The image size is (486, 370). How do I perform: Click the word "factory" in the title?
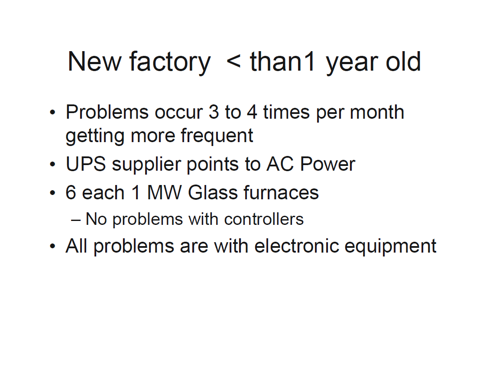pyautogui.click(x=169, y=62)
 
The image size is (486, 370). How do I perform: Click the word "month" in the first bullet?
pyautogui.click(x=377, y=113)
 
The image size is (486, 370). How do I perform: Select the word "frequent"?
pyautogui.click(x=217, y=136)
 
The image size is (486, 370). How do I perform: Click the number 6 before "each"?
pyautogui.click(x=71, y=193)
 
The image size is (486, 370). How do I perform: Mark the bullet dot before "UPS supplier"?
pyautogui.click(x=52, y=165)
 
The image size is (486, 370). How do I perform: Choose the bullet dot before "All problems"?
pyautogui.click(x=52, y=247)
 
